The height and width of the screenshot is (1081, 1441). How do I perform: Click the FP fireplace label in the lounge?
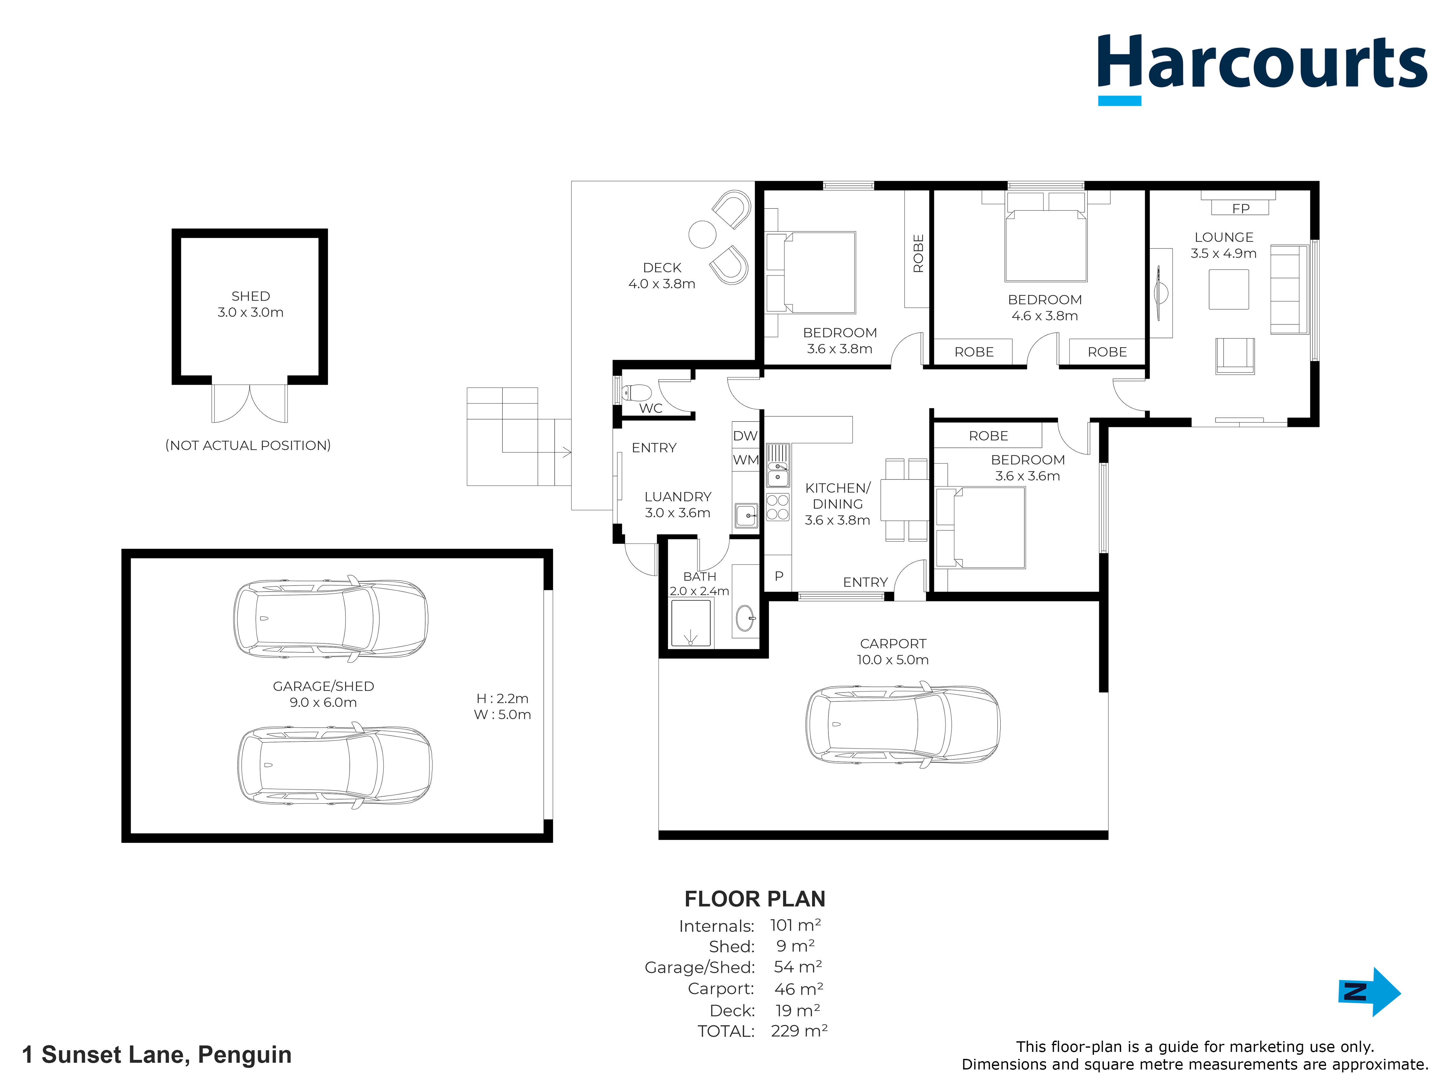point(1240,209)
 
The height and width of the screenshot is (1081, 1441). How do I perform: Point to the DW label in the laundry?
point(745,436)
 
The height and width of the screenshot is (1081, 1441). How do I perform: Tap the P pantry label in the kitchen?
point(778,576)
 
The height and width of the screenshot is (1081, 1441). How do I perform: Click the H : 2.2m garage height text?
point(502,699)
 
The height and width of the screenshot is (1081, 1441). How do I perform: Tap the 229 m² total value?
point(799,1031)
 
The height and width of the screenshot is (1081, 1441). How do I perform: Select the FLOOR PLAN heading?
point(754,899)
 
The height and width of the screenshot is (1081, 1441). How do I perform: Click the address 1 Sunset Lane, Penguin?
point(157,1054)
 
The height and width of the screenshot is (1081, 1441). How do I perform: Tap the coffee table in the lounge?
point(1229,289)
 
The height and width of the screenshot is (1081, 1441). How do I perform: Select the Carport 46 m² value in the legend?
point(799,989)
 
